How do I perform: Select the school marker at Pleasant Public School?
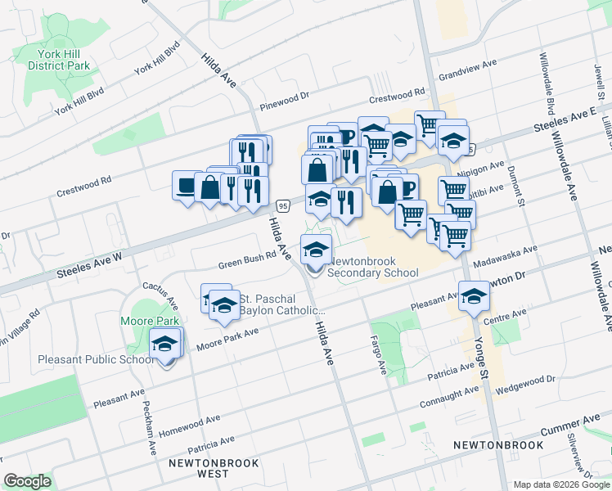click(x=166, y=345)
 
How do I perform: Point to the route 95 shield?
click(x=282, y=204)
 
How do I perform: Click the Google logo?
click(x=28, y=481)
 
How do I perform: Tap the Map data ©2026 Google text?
click(x=560, y=484)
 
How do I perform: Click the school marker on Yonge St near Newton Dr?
click(x=473, y=296)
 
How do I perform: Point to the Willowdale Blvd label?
click(x=546, y=92)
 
